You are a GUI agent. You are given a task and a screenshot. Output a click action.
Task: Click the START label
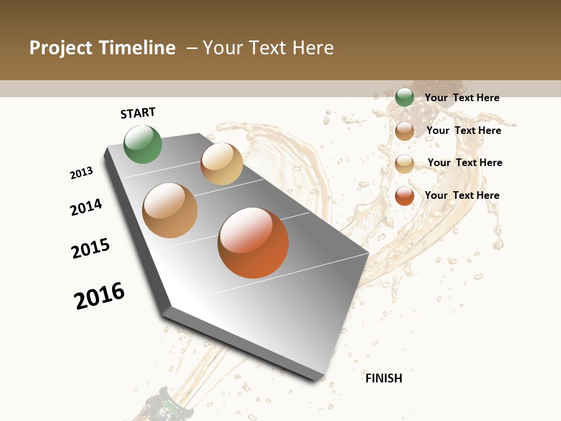[138, 113]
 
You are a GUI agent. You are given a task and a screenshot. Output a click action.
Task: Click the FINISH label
[384, 378]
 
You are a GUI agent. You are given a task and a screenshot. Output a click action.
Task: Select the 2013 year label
[82, 173]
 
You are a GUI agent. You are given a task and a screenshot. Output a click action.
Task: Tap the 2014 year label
[86, 207]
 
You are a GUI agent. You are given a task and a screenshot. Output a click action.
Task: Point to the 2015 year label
[91, 249]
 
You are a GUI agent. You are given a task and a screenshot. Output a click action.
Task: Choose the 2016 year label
[99, 296]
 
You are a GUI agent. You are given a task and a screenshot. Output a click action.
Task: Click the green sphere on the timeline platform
[143, 144]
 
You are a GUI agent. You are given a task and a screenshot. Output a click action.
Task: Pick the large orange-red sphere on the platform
[253, 243]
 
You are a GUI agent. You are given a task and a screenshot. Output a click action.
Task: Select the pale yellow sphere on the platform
[221, 164]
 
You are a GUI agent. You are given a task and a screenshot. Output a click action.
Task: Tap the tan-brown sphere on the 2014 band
[170, 210]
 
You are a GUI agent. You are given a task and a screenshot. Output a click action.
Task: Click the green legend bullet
[404, 98]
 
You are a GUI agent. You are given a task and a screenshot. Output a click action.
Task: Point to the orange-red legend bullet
[404, 196]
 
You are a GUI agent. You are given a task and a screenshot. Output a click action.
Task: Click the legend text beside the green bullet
[462, 98]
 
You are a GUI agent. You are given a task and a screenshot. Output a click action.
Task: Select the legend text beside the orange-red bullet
[462, 195]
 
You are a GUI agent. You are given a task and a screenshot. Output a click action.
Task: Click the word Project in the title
[61, 48]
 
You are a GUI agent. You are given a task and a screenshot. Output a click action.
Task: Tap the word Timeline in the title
[138, 48]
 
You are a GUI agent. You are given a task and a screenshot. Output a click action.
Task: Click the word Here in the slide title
[313, 48]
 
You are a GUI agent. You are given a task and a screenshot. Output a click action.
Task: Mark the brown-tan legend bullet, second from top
[404, 131]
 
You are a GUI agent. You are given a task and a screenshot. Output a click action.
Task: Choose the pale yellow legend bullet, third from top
[404, 164]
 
